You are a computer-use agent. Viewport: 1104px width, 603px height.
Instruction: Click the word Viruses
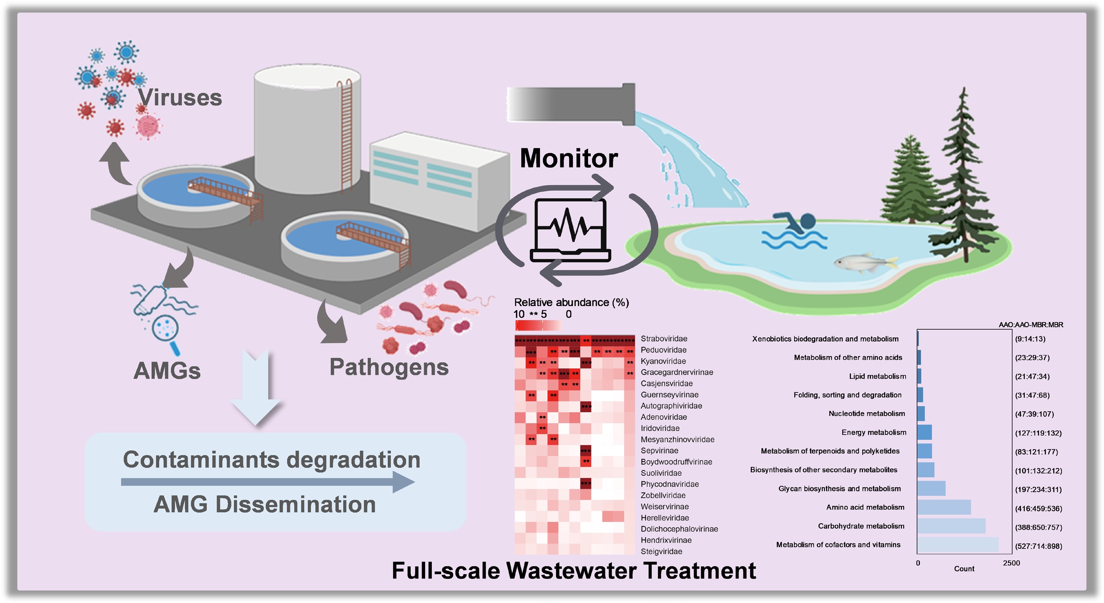(x=179, y=97)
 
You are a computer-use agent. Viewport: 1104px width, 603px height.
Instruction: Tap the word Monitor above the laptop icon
(x=568, y=158)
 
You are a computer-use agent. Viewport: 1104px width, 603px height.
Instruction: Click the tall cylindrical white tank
(x=307, y=129)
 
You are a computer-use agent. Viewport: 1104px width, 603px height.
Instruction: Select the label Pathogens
(x=389, y=367)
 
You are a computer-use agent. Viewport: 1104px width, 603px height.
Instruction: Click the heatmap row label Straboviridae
(x=664, y=339)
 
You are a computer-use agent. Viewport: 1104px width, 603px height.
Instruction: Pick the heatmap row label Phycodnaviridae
(x=670, y=484)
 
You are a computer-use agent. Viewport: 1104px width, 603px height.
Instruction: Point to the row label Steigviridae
(x=661, y=551)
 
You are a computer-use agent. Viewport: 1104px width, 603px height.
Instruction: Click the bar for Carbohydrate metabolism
(x=951, y=526)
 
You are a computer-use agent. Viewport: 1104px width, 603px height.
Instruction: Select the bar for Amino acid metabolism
(x=944, y=507)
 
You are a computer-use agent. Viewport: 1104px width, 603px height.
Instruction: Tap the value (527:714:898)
(x=1038, y=546)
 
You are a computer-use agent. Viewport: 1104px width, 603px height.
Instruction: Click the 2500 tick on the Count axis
(x=1011, y=563)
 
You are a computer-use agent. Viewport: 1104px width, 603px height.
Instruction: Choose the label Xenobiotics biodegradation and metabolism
(x=825, y=339)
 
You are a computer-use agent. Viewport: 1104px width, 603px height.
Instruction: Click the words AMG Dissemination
(x=265, y=505)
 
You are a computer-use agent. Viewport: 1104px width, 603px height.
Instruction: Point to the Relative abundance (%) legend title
(x=571, y=303)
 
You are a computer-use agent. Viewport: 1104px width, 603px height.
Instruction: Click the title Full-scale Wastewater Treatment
(x=573, y=571)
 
